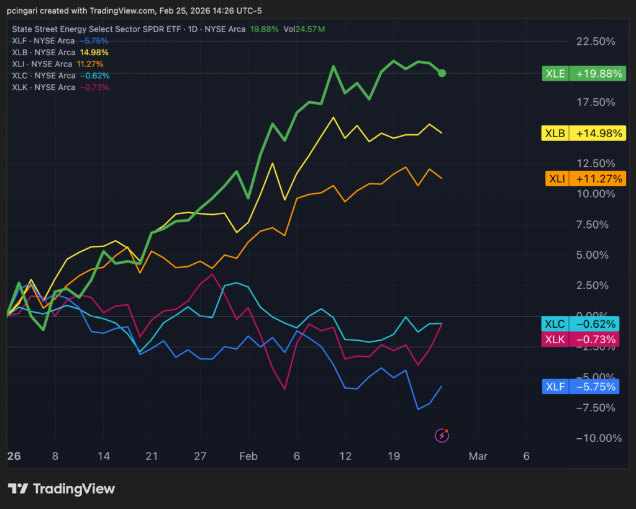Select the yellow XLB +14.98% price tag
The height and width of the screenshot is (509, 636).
(x=583, y=133)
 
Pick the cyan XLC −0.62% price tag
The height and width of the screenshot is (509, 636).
(x=580, y=324)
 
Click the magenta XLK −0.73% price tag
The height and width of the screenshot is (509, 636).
(x=580, y=340)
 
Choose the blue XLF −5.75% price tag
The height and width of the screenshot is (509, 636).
(x=580, y=387)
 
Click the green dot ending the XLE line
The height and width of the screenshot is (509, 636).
(x=442, y=73)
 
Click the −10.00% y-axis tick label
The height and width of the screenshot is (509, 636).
(x=598, y=438)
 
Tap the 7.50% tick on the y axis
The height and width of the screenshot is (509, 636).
(x=598, y=225)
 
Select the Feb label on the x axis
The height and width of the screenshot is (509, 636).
(x=248, y=456)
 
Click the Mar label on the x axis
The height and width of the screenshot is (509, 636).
(x=478, y=456)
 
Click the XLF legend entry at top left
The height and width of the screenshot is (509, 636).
(x=60, y=41)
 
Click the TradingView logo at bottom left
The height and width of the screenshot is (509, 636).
(x=61, y=489)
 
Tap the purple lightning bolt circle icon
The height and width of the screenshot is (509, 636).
(x=442, y=436)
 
